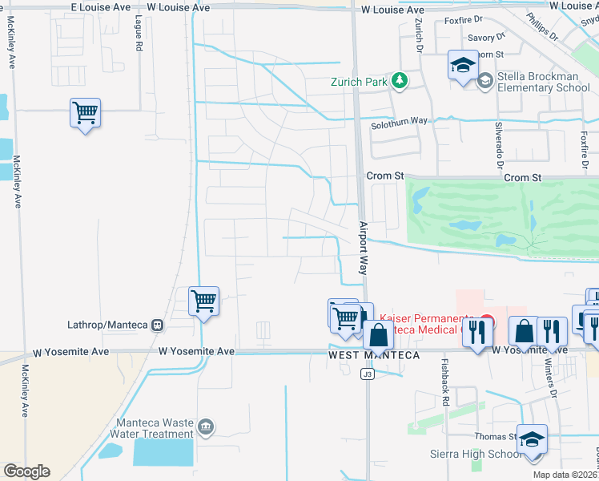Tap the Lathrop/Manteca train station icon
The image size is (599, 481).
coord(157,325)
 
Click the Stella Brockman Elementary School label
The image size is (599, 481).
coord(544,82)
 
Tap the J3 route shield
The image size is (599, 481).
coord(368,374)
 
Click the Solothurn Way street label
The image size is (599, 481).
coord(399,121)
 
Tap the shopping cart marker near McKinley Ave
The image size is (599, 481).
coord(85,112)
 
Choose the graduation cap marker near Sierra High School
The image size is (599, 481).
coord(532,439)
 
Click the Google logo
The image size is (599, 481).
coord(26,471)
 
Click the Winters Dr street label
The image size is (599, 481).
coord(552,375)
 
